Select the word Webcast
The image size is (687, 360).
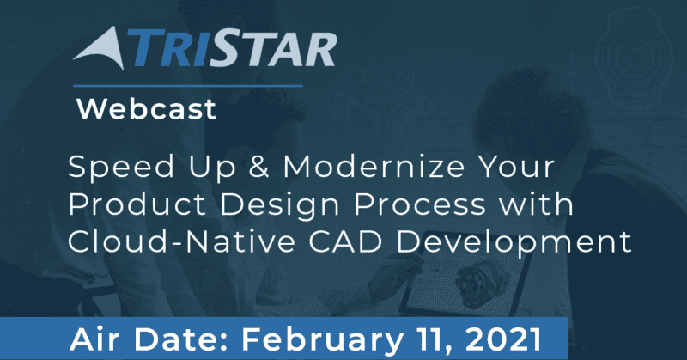click(146, 109)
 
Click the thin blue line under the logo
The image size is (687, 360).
click(188, 86)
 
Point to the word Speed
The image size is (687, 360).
click(121, 167)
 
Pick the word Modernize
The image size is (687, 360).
click(374, 167)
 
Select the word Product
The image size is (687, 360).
click(137, 204)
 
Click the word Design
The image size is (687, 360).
click(282, 205)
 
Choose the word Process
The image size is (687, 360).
click(420, 204)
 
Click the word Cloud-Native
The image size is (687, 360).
click(182, 241)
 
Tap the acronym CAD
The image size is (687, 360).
click(346, 241)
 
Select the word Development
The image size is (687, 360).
click(514, 243)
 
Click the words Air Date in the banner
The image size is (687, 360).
click(149, 340)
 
